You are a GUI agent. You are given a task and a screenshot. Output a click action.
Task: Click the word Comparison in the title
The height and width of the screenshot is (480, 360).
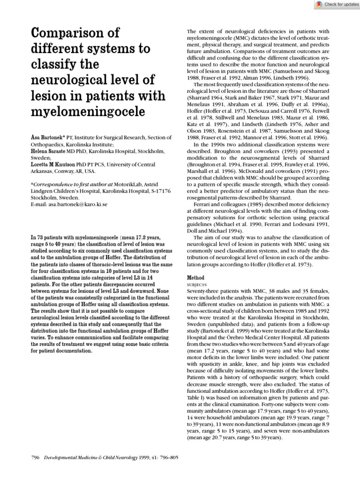[75, 34]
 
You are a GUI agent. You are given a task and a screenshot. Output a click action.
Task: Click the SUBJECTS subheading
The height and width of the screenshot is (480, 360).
[197, 285]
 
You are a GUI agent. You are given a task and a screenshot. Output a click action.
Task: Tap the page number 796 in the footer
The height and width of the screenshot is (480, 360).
[36, 457]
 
